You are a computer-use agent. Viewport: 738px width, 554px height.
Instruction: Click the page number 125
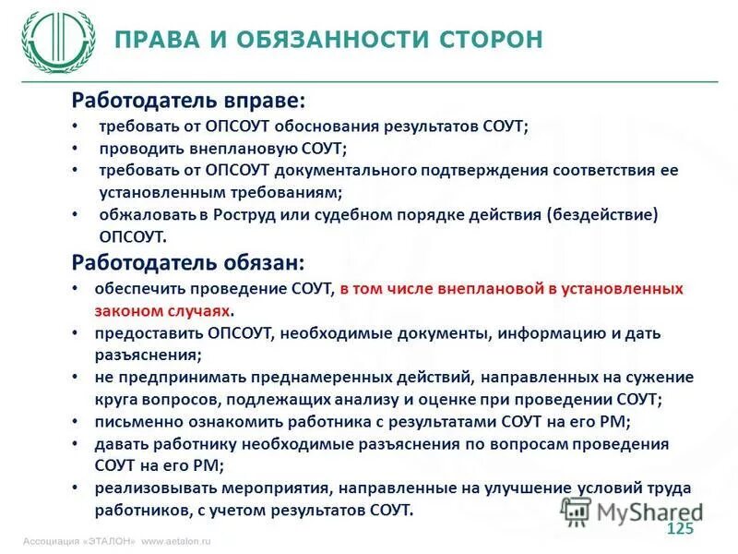coord(679,528)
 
